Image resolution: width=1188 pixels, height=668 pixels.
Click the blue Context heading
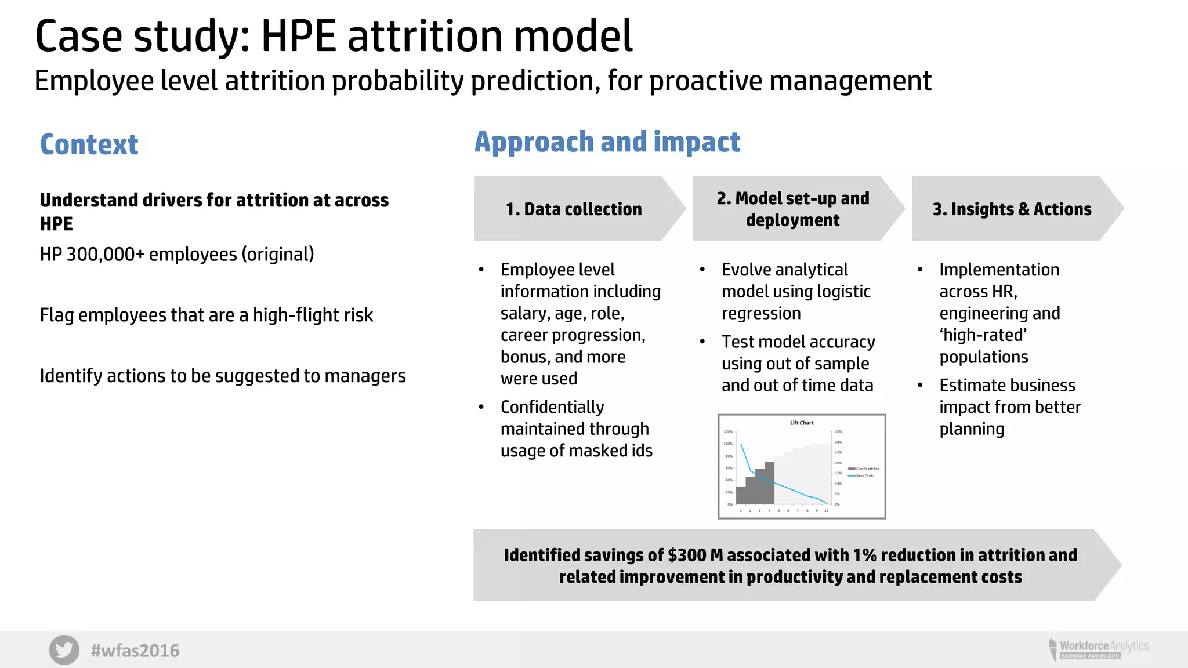point(89,144)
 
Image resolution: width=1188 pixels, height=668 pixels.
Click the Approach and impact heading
point(607,142)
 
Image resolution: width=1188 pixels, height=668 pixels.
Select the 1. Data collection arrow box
point(574,209)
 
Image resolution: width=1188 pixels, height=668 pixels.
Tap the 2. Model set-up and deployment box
point(792,209)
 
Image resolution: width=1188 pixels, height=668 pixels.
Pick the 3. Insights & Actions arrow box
point(1012,209)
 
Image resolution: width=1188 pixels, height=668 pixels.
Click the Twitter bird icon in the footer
point(64,650)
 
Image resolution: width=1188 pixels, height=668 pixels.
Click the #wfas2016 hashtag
point(135,651)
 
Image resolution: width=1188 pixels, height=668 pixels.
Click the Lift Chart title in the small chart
point(802,423)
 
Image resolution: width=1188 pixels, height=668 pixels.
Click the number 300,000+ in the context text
point(106,255)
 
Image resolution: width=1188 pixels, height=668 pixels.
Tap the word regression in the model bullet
point(761,314)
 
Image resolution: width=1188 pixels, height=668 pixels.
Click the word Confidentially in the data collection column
point(552,407)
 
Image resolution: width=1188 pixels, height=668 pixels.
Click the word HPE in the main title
point(298,37)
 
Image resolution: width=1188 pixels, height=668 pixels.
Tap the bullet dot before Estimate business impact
point(920,385)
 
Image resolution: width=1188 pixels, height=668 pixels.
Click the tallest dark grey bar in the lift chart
point(769,482)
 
